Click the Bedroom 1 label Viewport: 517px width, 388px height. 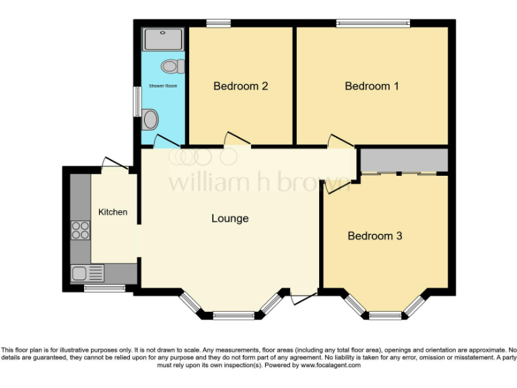tap(372, 86)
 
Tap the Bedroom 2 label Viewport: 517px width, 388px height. tap(241, 86)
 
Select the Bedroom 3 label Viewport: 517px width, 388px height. tap(375, 236)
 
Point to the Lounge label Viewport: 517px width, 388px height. tap(230, 218)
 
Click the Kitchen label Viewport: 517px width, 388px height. tap(112, 212)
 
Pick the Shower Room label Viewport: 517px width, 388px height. tap(162, 86)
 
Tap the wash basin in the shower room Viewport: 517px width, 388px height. tap(151, 120)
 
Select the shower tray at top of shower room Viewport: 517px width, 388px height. tap(164, 39)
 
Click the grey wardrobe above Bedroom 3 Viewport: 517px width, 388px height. tap(404, 160)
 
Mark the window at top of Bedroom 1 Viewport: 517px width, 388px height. tap(374, 24)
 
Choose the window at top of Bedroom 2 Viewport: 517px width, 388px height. tap(219, 24)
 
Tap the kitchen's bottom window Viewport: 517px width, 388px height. tap(104, 288)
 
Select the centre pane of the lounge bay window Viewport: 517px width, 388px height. tap(234, 315)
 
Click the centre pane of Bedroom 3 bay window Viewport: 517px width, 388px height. tap(384, 315)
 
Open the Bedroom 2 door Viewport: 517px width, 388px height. tap(237, 140)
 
